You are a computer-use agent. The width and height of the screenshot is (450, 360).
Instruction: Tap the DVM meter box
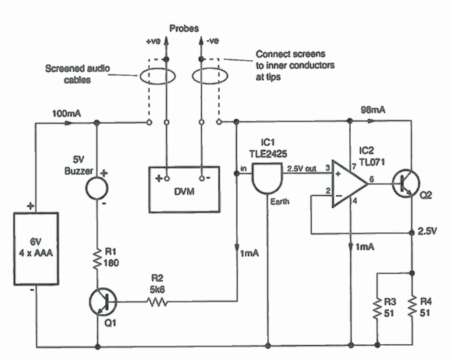(x=183, y=190)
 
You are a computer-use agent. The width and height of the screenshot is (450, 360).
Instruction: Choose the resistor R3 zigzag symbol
(x=377, y=309)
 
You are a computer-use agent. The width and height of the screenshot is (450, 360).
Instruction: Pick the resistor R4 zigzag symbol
(x=412, y=309)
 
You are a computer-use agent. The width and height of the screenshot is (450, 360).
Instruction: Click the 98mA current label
(x=373, y=110)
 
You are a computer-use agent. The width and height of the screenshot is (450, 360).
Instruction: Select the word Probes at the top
(x=184, y=28)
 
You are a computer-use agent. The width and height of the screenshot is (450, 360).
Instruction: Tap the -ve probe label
(x=212, y=41)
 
